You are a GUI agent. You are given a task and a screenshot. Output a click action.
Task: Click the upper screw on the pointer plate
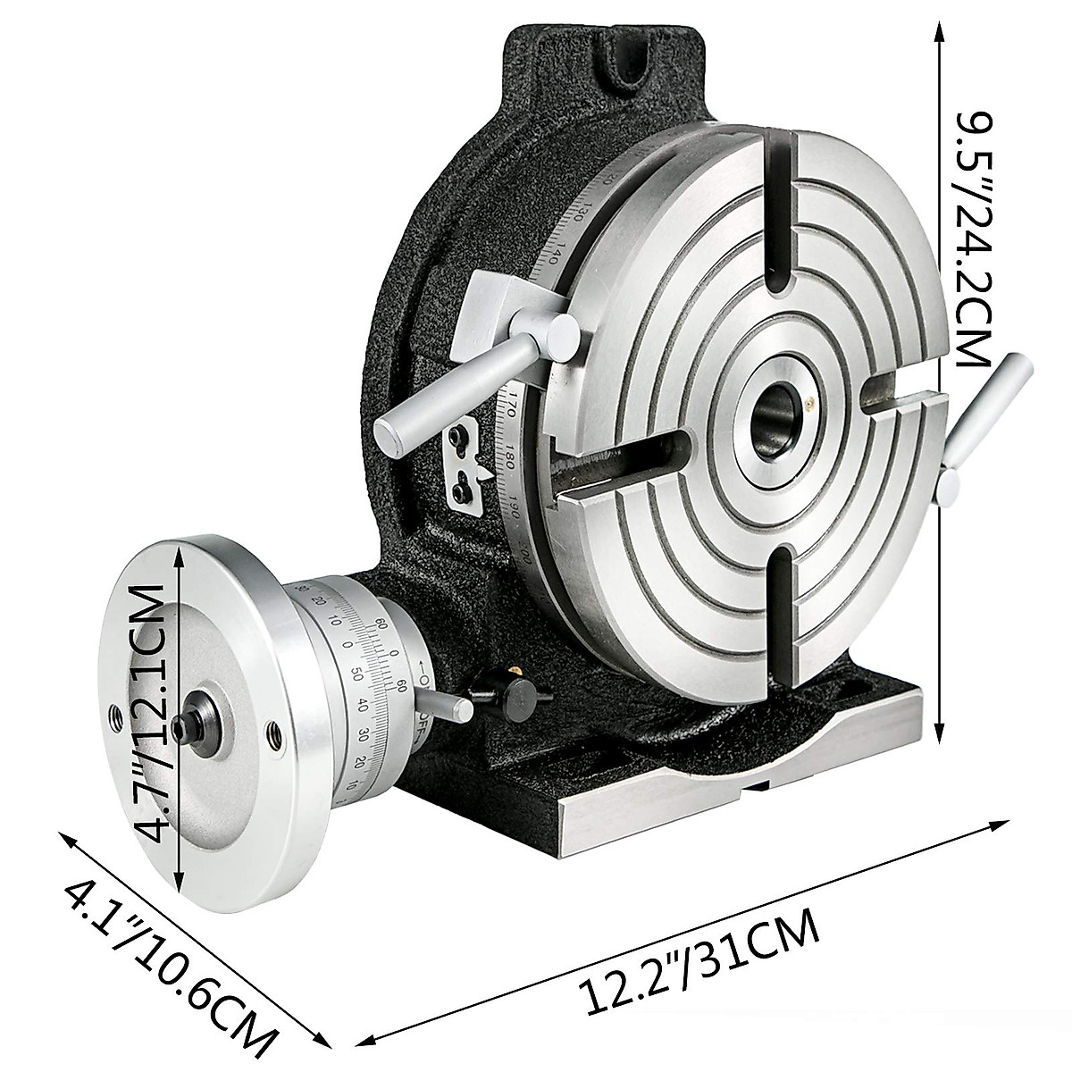coord(458,436)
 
